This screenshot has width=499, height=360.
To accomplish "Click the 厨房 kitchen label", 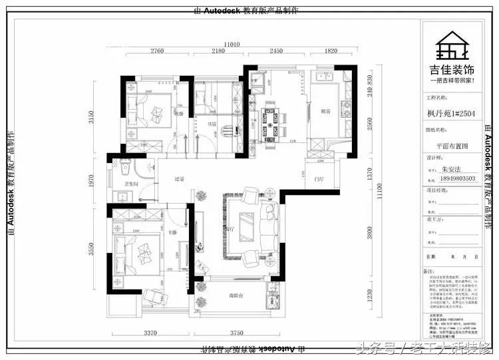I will pyautogui.click(x=325, y=111).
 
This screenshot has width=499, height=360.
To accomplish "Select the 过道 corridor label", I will pyautogui.click(x=178, y=179).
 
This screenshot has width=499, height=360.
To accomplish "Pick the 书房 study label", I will pyautogui.click(x=212, y=123).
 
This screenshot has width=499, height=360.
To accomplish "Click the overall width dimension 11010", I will pyautogui.click(x=232, y=43).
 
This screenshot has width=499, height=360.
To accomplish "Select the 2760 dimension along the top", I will pyautogui.click(x=158, y=51).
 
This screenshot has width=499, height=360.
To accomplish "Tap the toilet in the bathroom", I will pyautogui.click(x=118, y=162).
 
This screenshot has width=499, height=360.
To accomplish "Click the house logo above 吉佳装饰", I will pyautogui.click(x=451, y=47).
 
